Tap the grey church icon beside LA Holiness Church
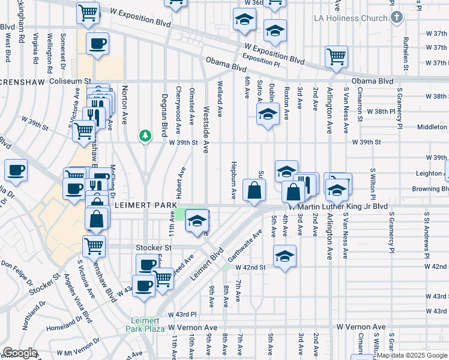click(396, 17)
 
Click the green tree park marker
click(145, 136)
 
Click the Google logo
click(20, 353)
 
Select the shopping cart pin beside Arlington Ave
click(337, 56)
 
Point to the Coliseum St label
click(70, 80)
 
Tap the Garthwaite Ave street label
click(246, 248)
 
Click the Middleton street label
click(432, 127)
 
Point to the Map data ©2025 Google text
click(411, 355)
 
